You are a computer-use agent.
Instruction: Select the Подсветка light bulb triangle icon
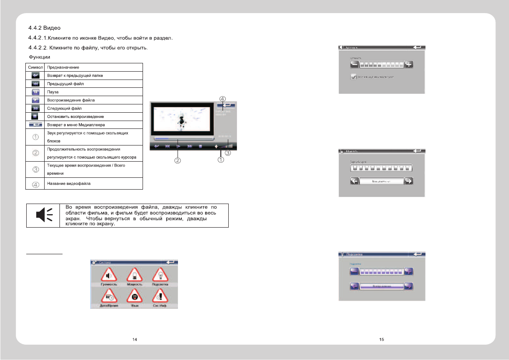(160, 276)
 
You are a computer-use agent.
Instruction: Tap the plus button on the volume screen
(409, 65)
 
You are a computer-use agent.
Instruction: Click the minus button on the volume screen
(354, 65)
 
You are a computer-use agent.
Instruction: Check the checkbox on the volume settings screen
(353, 76)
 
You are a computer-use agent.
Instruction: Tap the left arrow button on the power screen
(354, 181)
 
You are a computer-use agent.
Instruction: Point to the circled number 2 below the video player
(178, 160)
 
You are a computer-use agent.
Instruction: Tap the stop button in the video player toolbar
(200, 147)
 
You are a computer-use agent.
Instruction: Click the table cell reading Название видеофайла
(69, 183)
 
